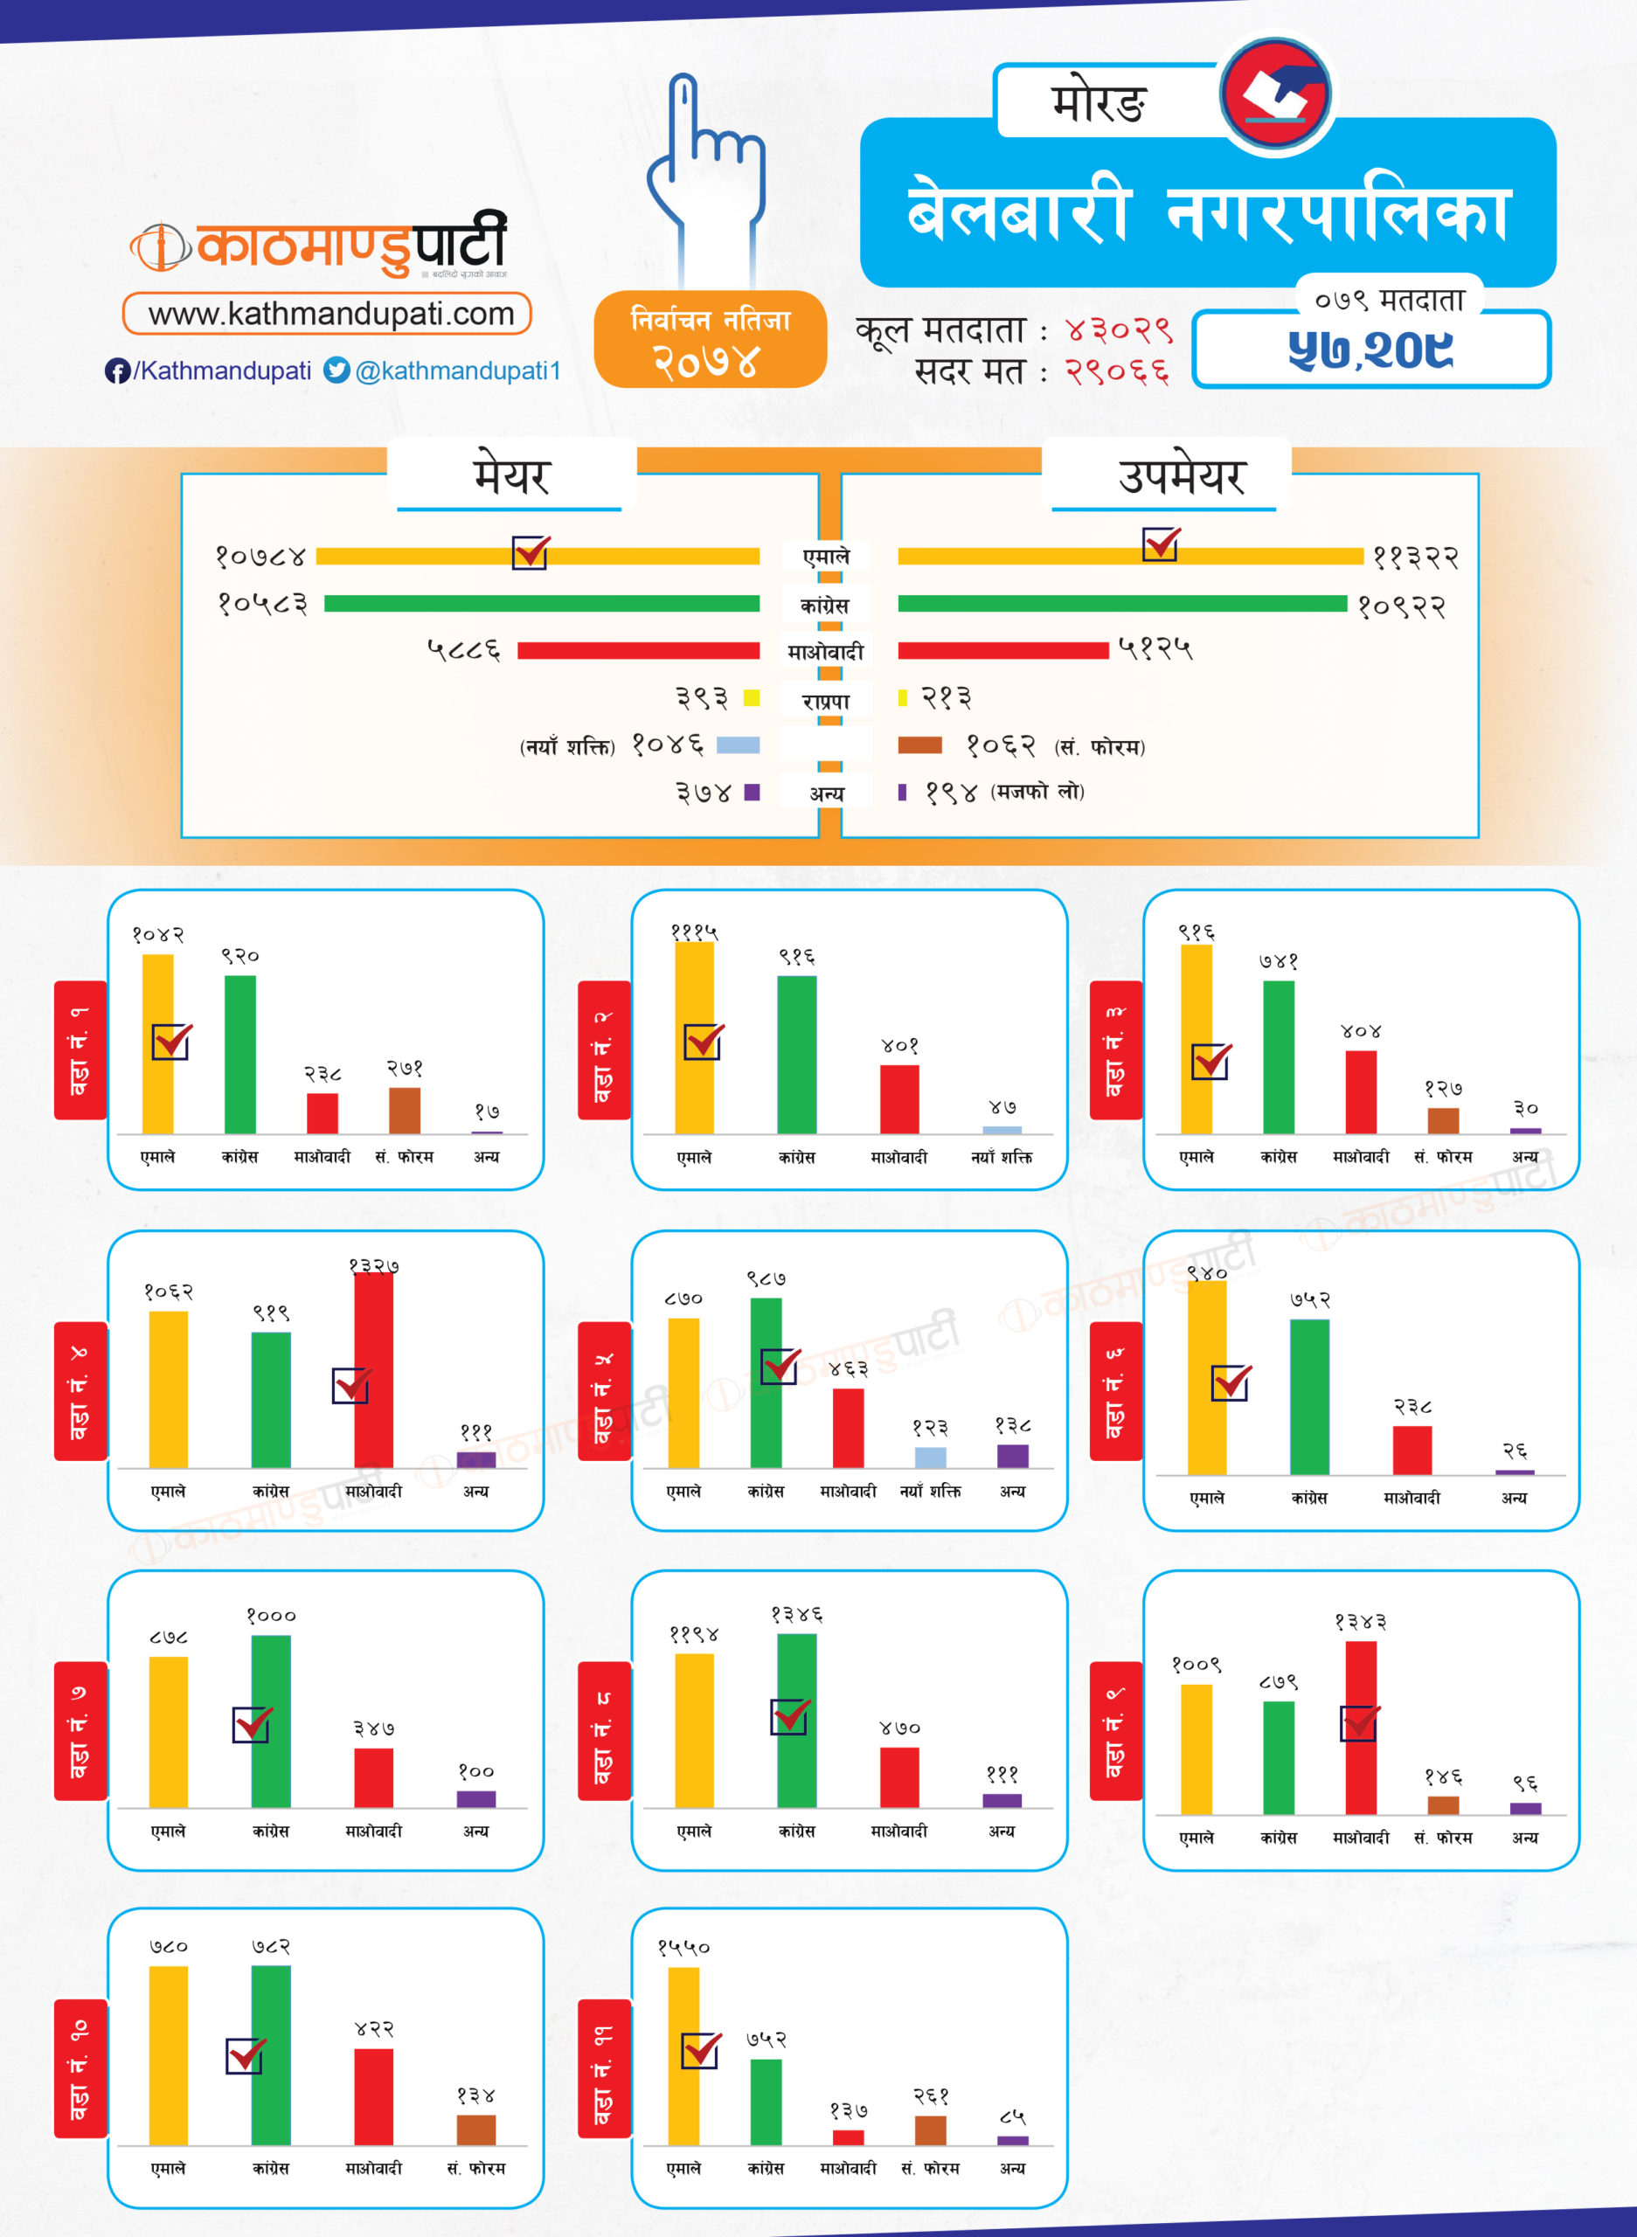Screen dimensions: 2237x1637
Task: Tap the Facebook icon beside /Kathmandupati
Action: click(x=117, y=371)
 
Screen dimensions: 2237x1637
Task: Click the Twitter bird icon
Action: click(x=336, y=370)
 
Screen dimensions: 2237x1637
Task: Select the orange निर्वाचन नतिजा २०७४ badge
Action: click(x=710, y=340)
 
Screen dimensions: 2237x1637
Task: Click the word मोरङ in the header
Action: click(x=1098, y=102)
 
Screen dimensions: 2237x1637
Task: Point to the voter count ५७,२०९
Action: click(x=1370, y=350)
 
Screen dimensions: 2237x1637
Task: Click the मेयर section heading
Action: click(x=510, y=476)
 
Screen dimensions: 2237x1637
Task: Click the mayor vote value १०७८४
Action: click(x=260, y=557)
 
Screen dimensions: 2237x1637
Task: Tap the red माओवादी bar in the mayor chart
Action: click(x=638, y=651)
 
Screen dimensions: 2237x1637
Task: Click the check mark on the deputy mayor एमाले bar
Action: click(x=1161, y=544)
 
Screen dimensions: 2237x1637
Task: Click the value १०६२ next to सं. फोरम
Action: click(x=1001, y=745)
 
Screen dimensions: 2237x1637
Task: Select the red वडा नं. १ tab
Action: click(x=80, y=1049)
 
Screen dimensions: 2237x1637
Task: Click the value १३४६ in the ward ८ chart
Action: click(x=797, y=1615)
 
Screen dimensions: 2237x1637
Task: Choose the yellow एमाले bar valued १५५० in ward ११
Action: click(x=683, y=2056)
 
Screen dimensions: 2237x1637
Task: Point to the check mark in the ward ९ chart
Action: click(x=1360, y=1723)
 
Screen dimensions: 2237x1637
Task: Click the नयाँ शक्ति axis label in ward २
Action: click(x=1001, y=1157)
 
